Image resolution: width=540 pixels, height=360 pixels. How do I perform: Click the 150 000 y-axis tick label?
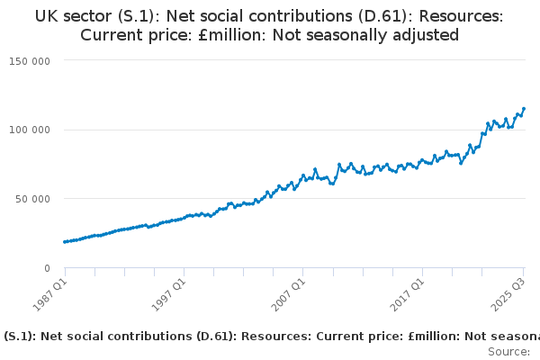(x=31, y=60)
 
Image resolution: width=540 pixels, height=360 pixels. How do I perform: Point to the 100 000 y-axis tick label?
(x=31, y=130)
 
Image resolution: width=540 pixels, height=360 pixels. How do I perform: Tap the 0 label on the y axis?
(x=46, y=268)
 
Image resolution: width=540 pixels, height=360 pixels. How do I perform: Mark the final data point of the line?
(x=524, y=109)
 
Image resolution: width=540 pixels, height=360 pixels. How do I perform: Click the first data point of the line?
(x=65, y=242)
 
